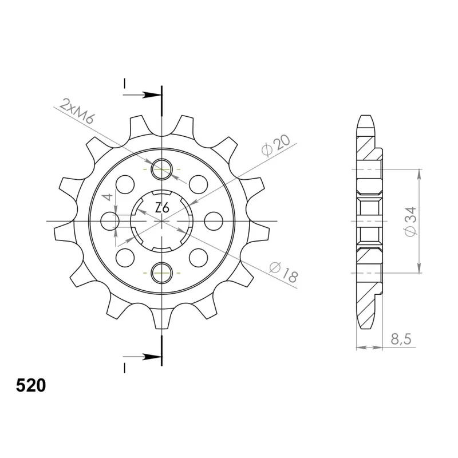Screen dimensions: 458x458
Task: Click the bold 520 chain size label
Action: click(x=31, y=385)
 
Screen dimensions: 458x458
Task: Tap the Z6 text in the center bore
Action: click(x=162, y=208)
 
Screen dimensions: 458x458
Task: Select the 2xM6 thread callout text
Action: click(x=76, y=111)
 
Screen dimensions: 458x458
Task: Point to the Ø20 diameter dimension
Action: click(x=276, y=145)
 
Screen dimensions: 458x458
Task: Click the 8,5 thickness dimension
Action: click(x=401, y=339)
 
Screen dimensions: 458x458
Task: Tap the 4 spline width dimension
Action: click(x=108, y=197)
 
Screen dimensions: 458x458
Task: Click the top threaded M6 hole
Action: click(x=161, y=169)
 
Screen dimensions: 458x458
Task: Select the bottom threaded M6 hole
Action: click(x=161, y=273)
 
